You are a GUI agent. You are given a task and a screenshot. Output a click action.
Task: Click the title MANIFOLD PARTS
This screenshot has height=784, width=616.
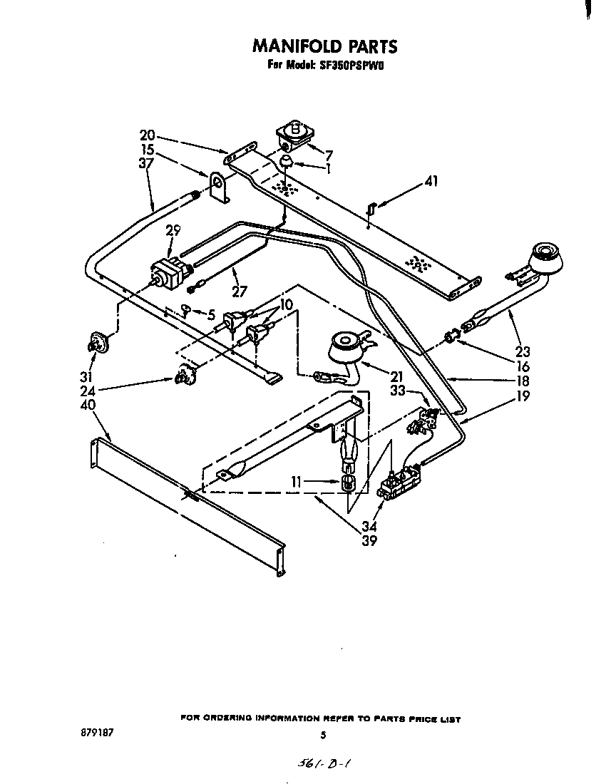point(324,47)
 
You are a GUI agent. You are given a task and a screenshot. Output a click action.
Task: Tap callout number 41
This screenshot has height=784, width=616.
point(430,182)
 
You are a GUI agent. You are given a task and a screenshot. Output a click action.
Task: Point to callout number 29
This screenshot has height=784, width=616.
point(173,230)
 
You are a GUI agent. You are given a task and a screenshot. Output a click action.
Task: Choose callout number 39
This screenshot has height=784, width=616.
point(369,541)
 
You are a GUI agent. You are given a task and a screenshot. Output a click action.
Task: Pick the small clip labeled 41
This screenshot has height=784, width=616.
point(370,207)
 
